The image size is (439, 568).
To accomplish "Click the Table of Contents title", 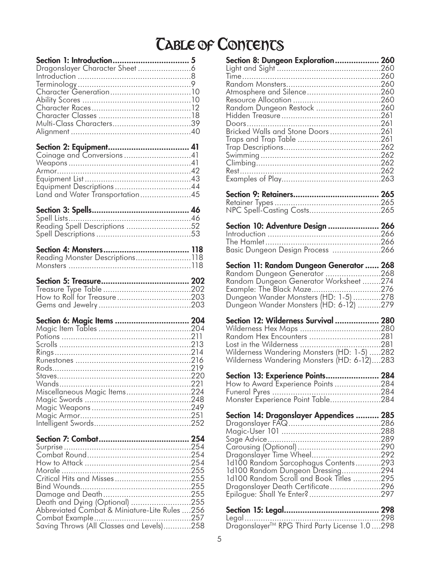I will click(220, 45).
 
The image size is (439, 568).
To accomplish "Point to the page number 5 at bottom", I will click(219, 539).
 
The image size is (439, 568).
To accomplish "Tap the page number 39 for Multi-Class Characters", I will click(196, 124).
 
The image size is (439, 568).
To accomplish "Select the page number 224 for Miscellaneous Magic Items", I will click(197, 392).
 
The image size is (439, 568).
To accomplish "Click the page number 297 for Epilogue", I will click(387, 494).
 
